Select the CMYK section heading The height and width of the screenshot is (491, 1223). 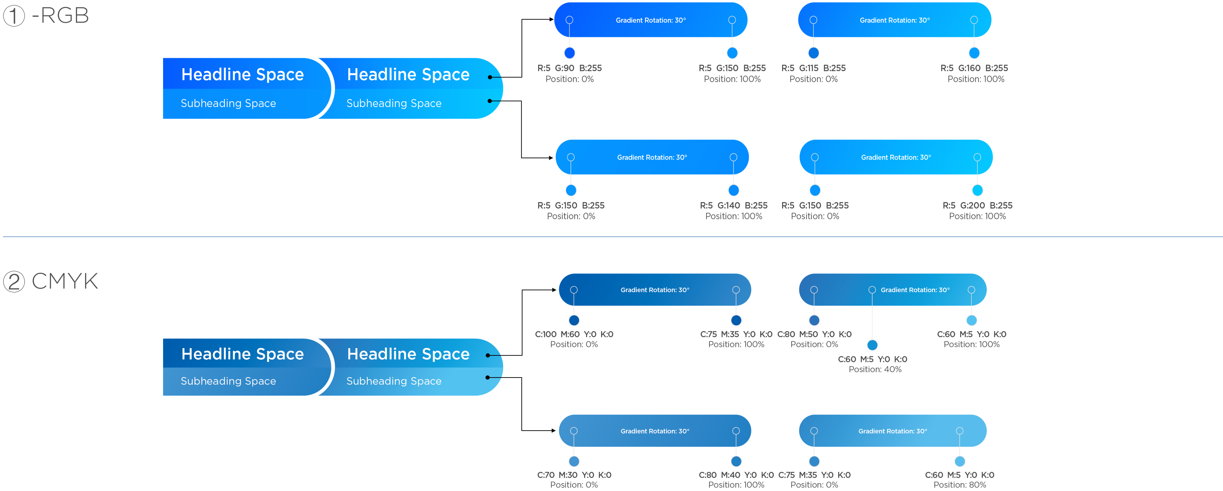(x=65, y=281)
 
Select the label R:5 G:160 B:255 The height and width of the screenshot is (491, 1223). (x=974, y=68)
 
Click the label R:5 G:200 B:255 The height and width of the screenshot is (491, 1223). (x=977, y=205)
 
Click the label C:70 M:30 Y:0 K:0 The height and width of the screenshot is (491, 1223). (x=574, y=475)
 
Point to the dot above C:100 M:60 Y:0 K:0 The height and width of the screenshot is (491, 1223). (x=574, y=320)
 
